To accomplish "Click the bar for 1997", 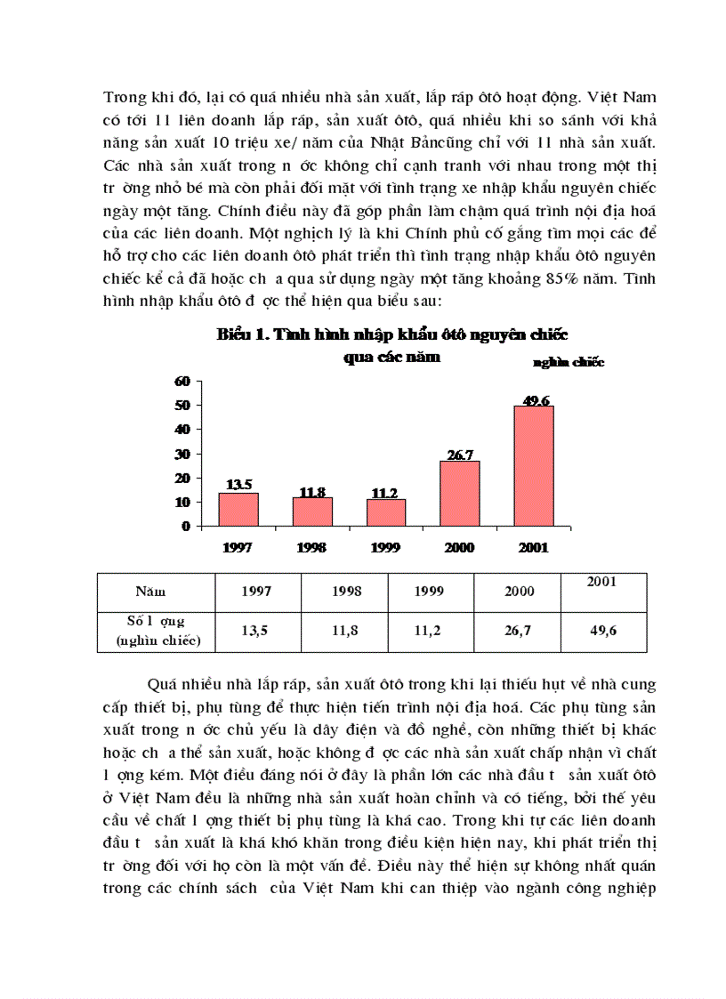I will click(238, 509).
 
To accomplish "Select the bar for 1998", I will click(312, 512).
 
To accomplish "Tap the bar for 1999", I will click(385, 512).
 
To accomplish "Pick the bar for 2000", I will click(459, 493).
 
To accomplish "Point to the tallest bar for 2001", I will click(533, 465).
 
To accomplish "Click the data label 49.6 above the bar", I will click(535, 400).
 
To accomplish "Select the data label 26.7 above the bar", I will click(460, 455).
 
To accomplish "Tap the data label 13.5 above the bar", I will click(238, 486).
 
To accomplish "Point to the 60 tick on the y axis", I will click(182, 381).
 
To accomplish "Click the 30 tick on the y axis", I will click(182, 454).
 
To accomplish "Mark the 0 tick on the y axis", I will click(186, 527).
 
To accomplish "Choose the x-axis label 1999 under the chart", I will click(386, 547).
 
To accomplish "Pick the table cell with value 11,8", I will click(344, 631).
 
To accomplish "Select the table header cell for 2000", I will click(519, 591).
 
